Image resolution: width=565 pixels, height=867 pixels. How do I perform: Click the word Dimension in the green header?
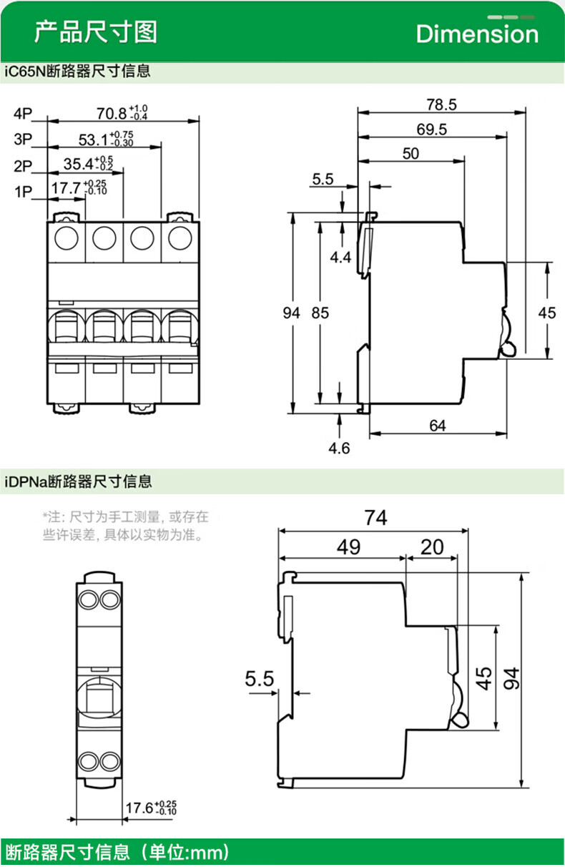(477, 34)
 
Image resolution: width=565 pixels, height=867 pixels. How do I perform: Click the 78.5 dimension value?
(441, 104)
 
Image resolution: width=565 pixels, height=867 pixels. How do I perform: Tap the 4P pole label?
(23, 113)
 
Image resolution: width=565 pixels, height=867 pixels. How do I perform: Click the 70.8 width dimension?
(112, 113)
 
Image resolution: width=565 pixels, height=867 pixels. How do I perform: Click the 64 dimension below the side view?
(438, 426)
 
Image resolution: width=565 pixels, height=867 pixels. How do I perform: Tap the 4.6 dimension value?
(338, 449)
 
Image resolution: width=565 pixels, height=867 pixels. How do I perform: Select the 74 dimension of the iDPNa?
(375, 517)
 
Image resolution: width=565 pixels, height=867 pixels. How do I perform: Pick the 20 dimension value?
(432, 547)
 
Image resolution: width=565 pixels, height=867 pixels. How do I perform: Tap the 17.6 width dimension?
(139, 809)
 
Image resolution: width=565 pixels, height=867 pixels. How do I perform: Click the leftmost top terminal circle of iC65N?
(67, 237)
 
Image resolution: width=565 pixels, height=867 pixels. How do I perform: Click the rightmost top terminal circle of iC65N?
(180, 237)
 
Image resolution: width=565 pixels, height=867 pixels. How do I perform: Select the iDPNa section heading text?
(79, 481)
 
